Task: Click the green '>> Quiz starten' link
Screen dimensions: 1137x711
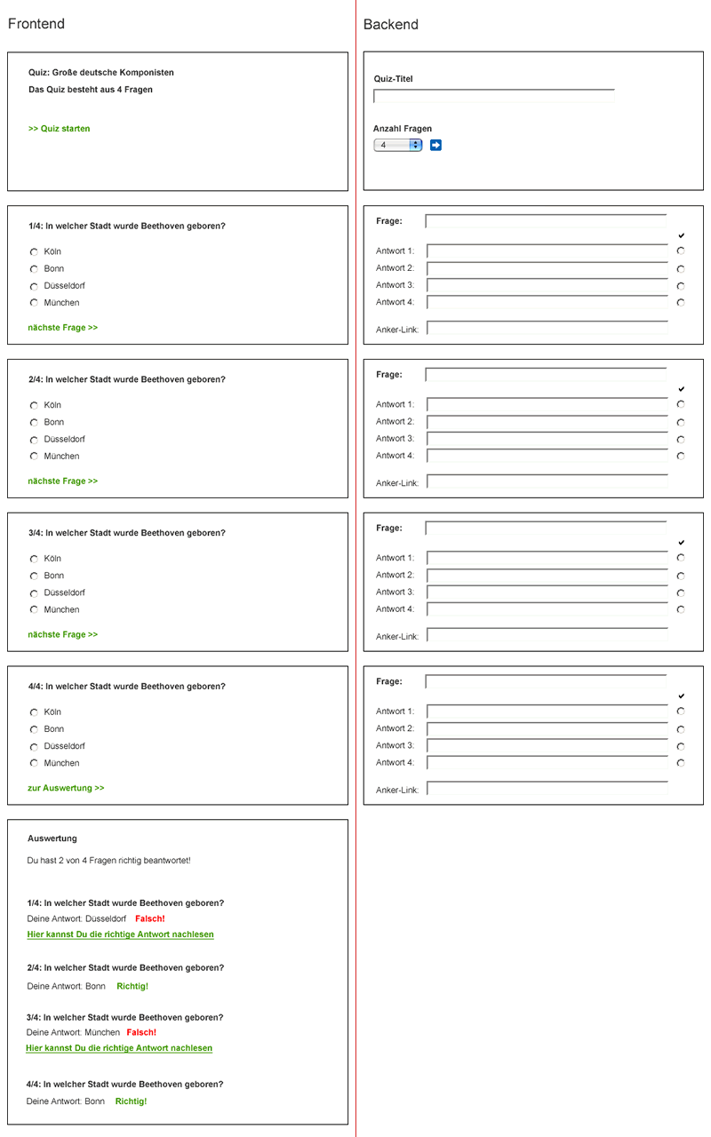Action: tap(59, 129)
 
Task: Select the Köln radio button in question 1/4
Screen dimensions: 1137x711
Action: tap(34, 252)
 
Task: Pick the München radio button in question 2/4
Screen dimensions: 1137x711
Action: tap(34, 457)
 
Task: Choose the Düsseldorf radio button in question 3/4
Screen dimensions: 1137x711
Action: tap(34, 593)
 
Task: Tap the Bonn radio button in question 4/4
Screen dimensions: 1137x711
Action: tap(34, 729)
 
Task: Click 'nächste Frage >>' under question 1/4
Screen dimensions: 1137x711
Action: tap(62, 328)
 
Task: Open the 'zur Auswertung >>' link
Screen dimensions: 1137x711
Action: tap(66, 788)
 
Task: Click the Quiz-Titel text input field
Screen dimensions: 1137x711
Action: tap(493, 96)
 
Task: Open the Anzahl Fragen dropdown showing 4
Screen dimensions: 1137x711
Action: tap(397, 145)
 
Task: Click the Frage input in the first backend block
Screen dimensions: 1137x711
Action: tap(546, 221)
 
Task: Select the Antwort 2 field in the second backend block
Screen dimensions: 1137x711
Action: tap(547, 422)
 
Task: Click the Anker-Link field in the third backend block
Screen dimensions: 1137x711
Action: tap(547, 636)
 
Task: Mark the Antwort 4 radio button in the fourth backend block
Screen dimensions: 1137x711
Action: tap(681, 763)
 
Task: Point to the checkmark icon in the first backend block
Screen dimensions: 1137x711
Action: tap(681, 235)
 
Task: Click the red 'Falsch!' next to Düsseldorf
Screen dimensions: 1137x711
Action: tap(150, 918)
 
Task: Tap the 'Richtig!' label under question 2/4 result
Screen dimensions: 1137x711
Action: tap(132, 986)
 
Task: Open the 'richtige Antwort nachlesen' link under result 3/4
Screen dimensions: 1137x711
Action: tap(119, 1048)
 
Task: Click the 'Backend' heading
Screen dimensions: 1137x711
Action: tap(390, 25)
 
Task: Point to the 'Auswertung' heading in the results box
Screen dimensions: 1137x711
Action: tap(52, 839)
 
